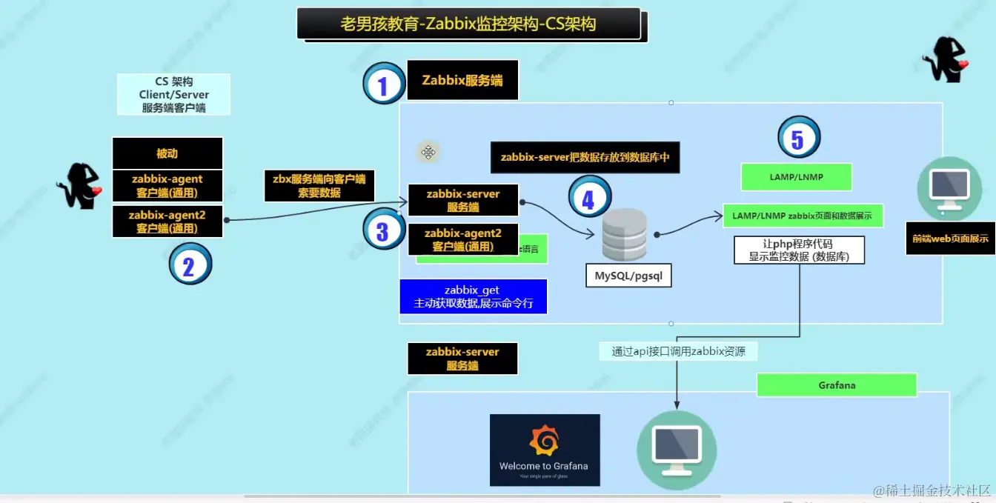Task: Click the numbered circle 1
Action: point(383,84)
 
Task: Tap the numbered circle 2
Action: point(190,264)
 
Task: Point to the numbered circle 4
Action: point(588,198)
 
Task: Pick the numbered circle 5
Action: point(798,138)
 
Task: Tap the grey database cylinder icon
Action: point(625,235)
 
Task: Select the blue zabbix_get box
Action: point(473,296)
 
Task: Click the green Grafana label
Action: point(837,385)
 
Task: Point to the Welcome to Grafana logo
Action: point(545,450)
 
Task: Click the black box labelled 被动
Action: point(167,153)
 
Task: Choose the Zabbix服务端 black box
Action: point(462,80)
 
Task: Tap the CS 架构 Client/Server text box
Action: point(173,94)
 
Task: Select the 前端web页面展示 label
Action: point(950,239)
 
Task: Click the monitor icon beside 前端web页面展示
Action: point(943,184)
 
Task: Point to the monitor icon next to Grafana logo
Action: point(676,449)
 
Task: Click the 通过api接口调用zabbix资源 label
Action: point(678,352)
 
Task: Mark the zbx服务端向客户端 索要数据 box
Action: point(319,185)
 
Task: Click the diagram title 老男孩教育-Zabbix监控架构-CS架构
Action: point(468,24)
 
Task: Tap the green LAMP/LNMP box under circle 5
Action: point(796,177)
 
